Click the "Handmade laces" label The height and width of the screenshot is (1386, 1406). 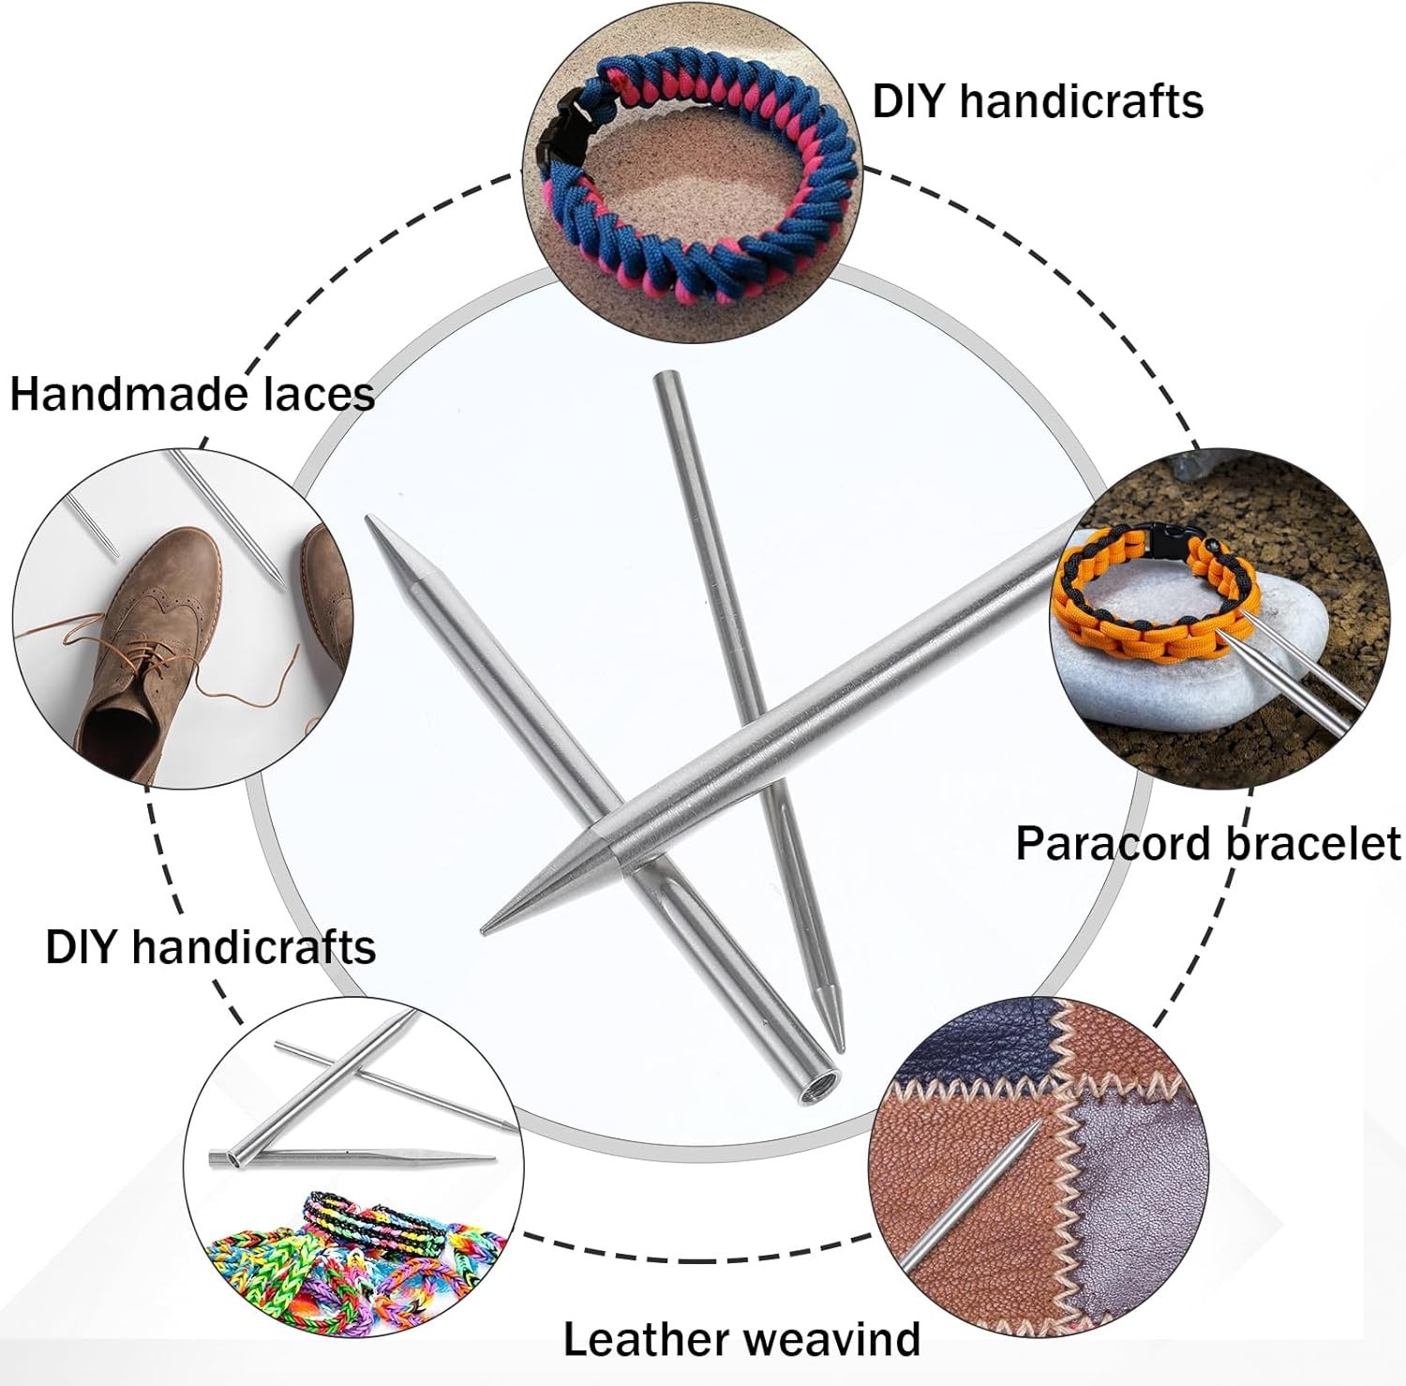coord(192,394)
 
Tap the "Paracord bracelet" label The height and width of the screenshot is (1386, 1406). coord(1207,844)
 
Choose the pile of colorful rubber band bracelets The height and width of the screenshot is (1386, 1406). coord(356,1247)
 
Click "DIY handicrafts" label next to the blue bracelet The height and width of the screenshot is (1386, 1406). coord(1037,100)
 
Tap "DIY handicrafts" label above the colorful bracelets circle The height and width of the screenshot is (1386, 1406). coord(211,947)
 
